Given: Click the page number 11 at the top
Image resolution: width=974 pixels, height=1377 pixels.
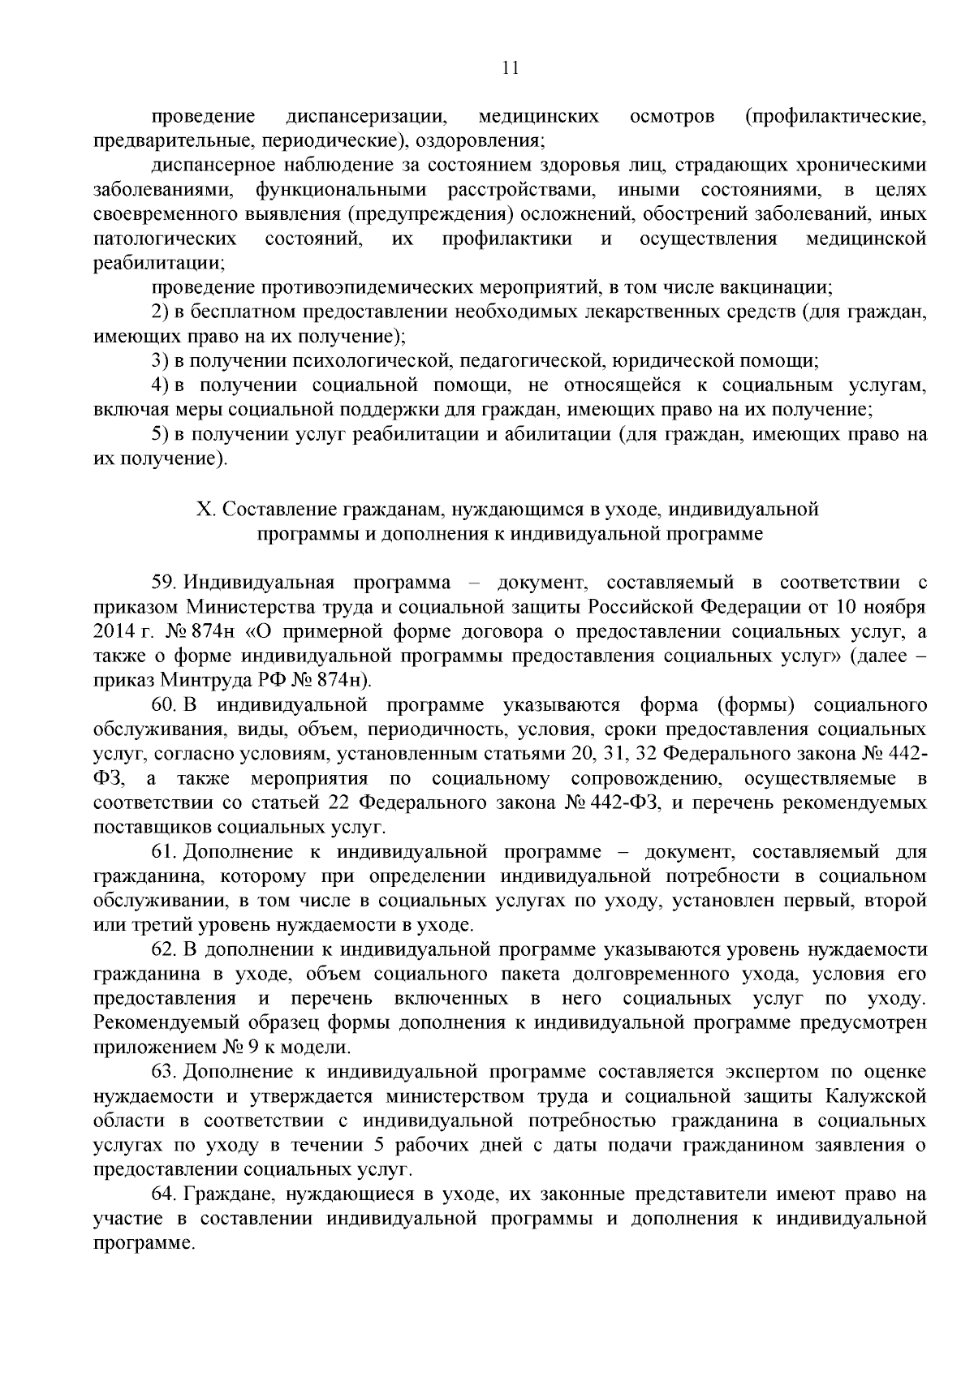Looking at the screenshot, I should coord(511,69).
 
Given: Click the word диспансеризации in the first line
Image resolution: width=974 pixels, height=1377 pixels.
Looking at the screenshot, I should coord(369,117).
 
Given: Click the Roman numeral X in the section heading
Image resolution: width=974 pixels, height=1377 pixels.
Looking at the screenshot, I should coord(203,510).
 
